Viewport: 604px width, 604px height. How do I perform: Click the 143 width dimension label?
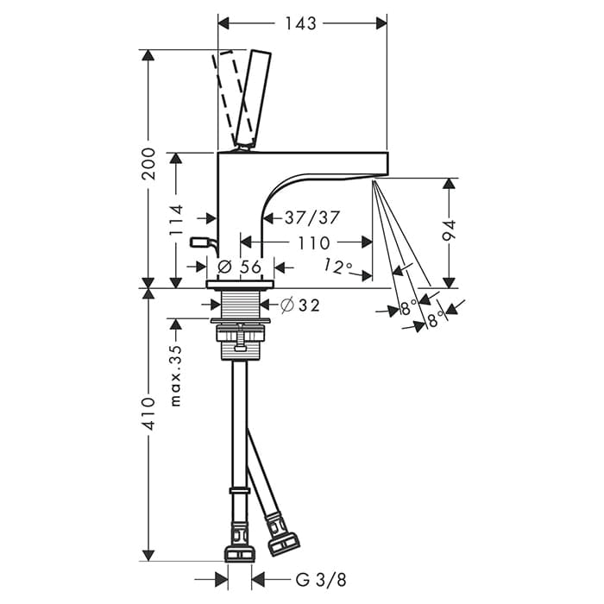(x=301, y=23)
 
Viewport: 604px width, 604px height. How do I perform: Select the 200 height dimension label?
(x=148, y=164)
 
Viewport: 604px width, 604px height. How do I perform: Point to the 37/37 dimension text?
(x=312, y=218)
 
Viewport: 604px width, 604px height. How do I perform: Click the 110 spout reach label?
(x=313, y=242)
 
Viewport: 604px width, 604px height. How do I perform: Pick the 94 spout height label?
(x=449, y=230)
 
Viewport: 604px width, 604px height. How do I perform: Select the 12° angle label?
(x=337, y=266)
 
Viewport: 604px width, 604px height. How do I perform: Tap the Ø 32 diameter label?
(x=300, y=305)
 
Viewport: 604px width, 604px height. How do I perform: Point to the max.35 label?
(x=175, y=376)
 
